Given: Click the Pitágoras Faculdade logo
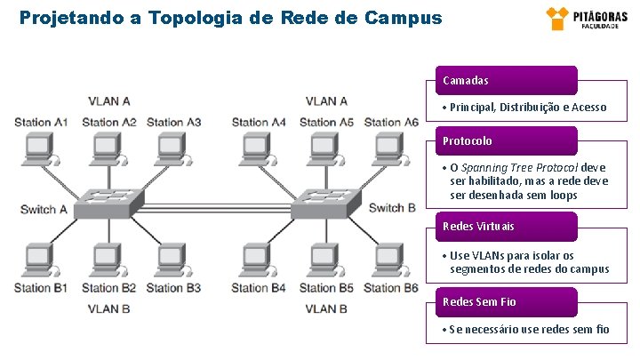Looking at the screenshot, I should pyautogui.click(x=577, y=18).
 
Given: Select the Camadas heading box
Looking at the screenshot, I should pyautogui.click(x=505, y=80).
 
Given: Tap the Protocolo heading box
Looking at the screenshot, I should pyautogui.click(x=505, y=140).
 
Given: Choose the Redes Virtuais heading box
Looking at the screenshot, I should pyautogui.click(x=505, y=226).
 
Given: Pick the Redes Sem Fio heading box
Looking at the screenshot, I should pyautogui.click(x=505, y=301).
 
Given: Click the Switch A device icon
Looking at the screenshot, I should pyautogui.click(x=106, y=204).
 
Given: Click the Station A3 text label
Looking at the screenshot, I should pyautogui.click(x=173, y=122).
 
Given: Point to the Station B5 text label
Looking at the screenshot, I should pyautogui.click(x=326, y=288).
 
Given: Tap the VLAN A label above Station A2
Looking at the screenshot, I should pyautogui.click(x=108, y=101).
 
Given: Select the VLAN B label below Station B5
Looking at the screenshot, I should pyautogui.click(x=326, y=308).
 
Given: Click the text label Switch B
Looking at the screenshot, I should pyautogui.click(x=392, y=208).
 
